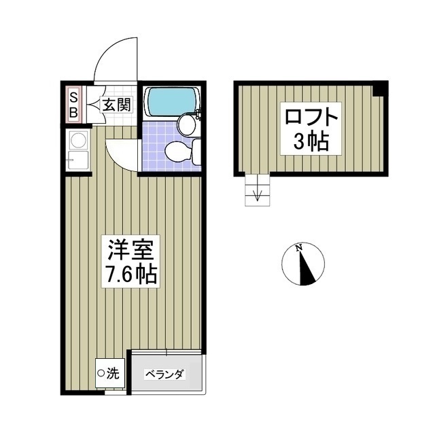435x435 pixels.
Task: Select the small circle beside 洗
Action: point(101,372)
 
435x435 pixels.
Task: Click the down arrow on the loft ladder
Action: point(257,196)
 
